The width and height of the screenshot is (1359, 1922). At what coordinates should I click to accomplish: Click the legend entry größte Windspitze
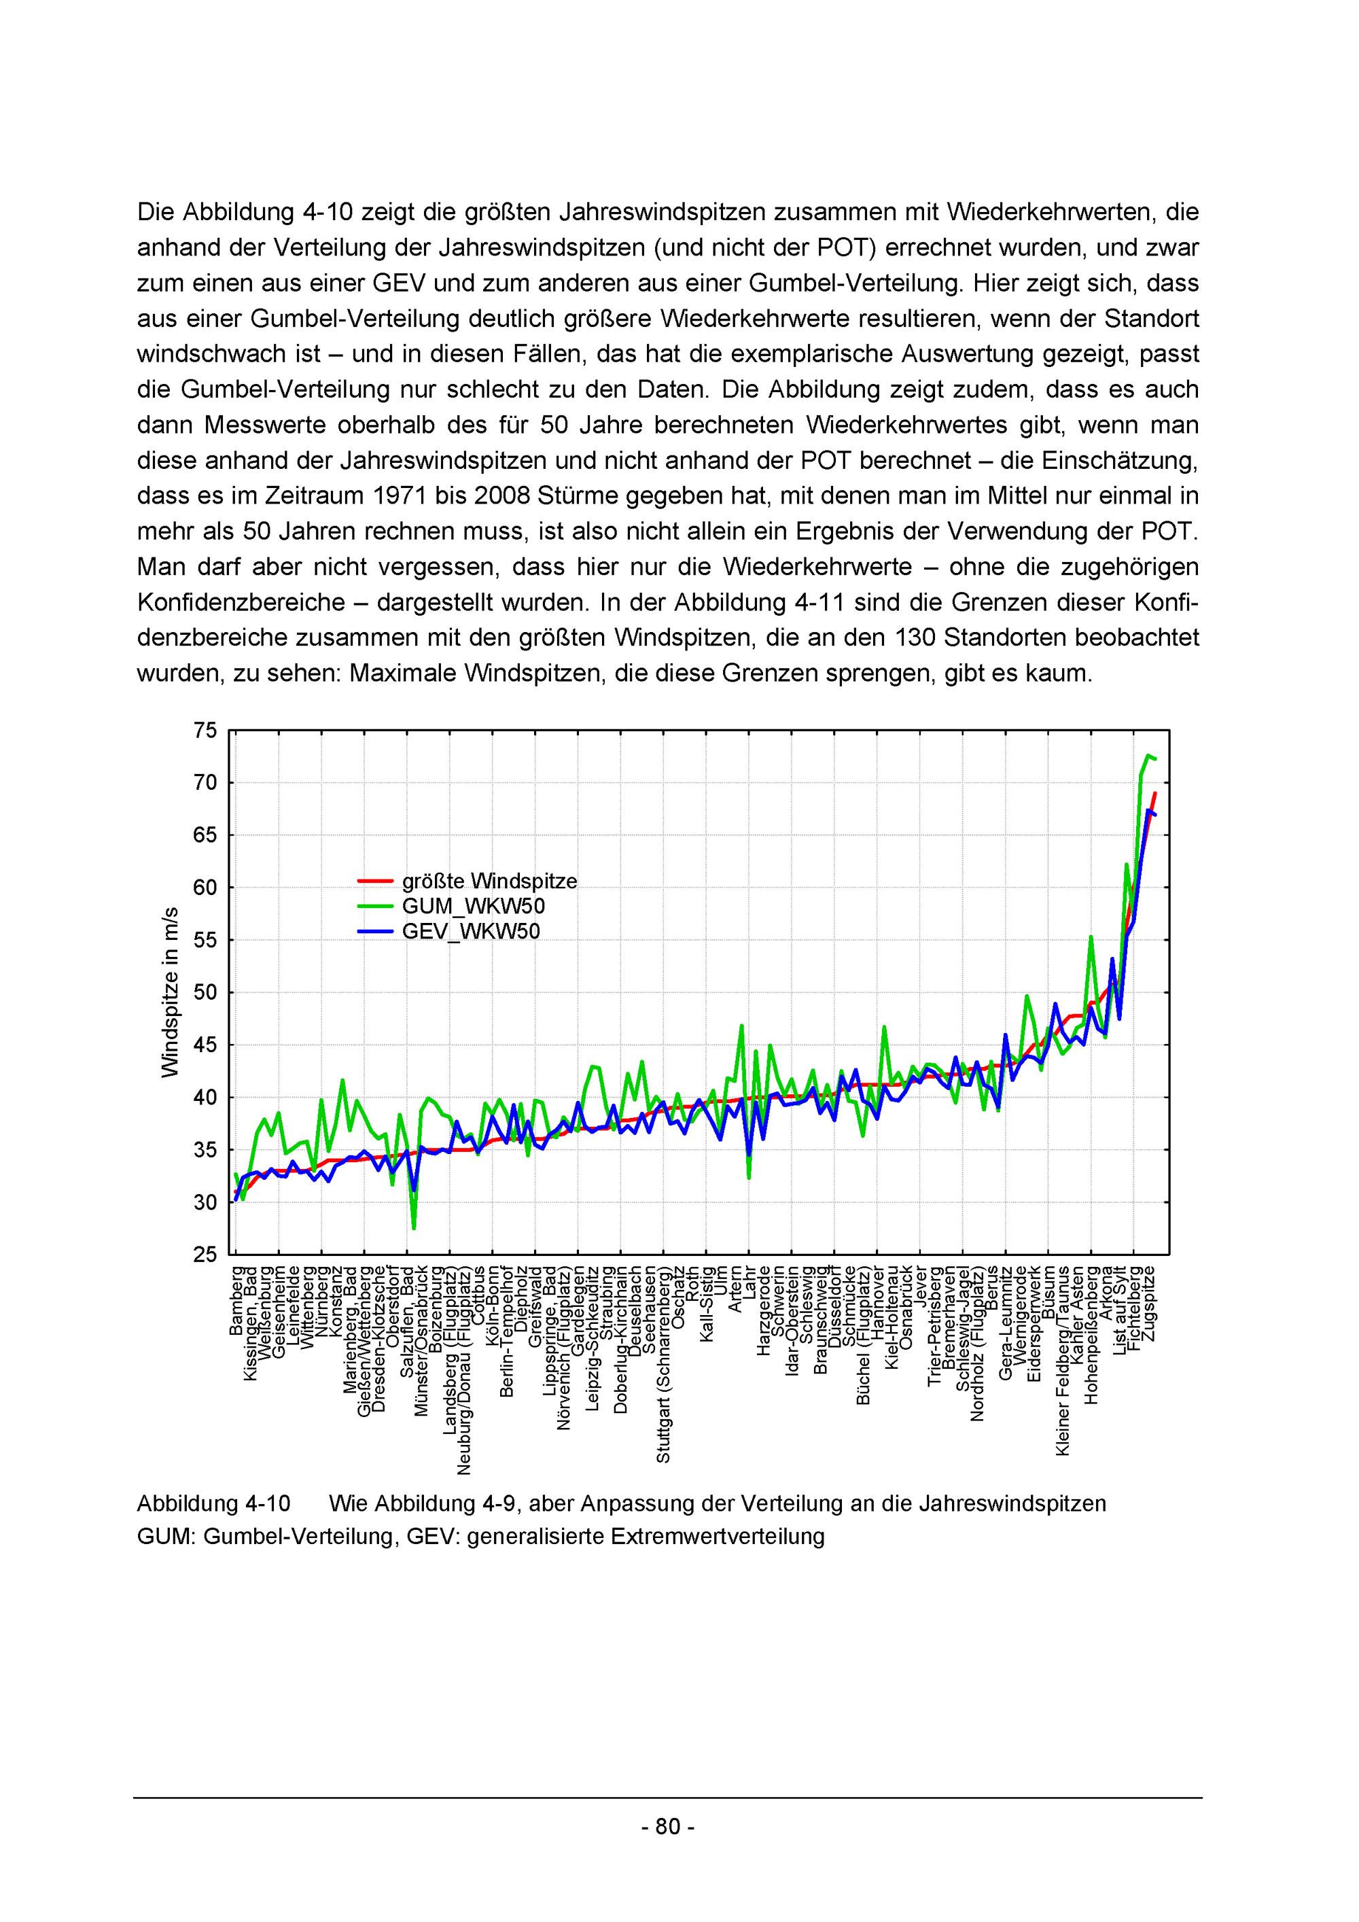489,881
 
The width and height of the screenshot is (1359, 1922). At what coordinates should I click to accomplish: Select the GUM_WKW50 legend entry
474,907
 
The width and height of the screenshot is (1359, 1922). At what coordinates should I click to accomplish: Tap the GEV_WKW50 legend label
471,932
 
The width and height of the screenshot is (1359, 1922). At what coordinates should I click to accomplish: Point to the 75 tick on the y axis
206,731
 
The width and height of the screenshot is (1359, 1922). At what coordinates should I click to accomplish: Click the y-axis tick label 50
206,993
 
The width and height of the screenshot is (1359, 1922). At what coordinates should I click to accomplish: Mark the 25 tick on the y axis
206,1255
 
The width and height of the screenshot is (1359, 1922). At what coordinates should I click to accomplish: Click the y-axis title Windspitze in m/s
171,992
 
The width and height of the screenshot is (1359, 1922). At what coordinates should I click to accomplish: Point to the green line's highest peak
1148,755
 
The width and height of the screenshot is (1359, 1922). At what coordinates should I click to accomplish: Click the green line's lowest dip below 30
413,1228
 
